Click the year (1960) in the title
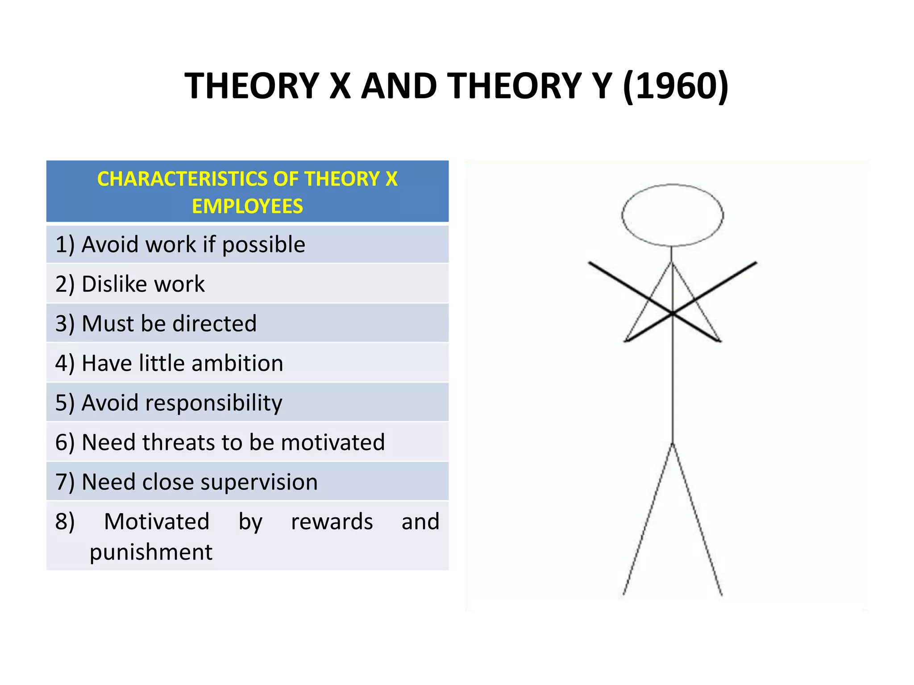coord(675,86)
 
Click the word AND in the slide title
coord(399,86)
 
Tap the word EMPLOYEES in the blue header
coord(247,206)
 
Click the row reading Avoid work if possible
coord(180,244)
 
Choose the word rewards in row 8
coord(332,521)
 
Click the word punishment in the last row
coord(151,552)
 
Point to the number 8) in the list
coord(65,521)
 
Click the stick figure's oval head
coord(672,215)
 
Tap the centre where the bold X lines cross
coord(673,314)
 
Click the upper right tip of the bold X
coord(756,263)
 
